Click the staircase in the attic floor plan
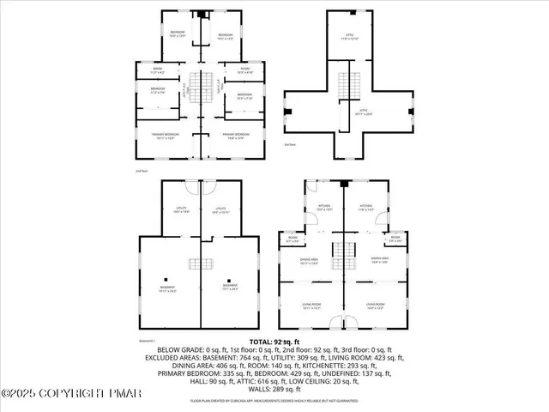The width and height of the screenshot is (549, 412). (x=347, y=87)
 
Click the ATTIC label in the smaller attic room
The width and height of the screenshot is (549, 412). (x=347, y=35)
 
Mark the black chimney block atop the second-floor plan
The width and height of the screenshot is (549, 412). (x=202, y=14)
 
